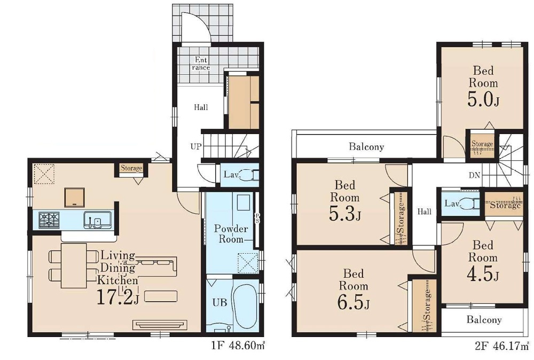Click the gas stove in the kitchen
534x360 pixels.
coord(49,220)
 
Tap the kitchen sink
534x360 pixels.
coord(97,220)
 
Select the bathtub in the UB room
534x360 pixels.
coord(244,306)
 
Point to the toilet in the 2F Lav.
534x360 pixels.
coord(472,204)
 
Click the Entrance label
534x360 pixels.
coord(201,64)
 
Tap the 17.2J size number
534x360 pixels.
coord(118,296)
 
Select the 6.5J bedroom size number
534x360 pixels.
coord(354,303)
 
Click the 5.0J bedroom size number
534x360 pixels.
coord(483,100)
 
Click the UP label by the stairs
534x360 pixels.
coord(196,147)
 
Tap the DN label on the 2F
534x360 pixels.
coord(474,175)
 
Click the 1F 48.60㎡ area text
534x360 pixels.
coord(238,346)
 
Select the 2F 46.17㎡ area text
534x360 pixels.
coord(502,347)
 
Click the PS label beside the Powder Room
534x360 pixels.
coord(257,218)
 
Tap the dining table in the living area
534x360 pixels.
coord(74,265)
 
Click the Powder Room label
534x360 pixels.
coord(231,233)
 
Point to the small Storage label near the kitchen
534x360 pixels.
coord(131,168)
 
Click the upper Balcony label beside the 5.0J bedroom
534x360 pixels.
coord(366,147)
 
